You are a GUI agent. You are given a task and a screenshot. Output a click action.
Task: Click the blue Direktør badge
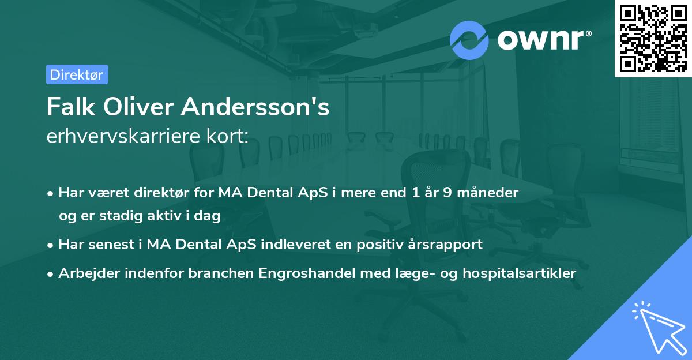[x=77, y=74]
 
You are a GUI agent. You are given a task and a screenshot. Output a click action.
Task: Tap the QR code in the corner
[x=653, y=38]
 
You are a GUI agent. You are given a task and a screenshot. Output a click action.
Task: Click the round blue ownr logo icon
[x=469, y=40]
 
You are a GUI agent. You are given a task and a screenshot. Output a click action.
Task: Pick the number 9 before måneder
[x=446, y=193]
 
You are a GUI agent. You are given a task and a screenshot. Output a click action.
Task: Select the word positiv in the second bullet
[x=380, y=244]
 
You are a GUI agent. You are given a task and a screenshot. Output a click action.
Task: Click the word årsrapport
[x=446, y=244]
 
